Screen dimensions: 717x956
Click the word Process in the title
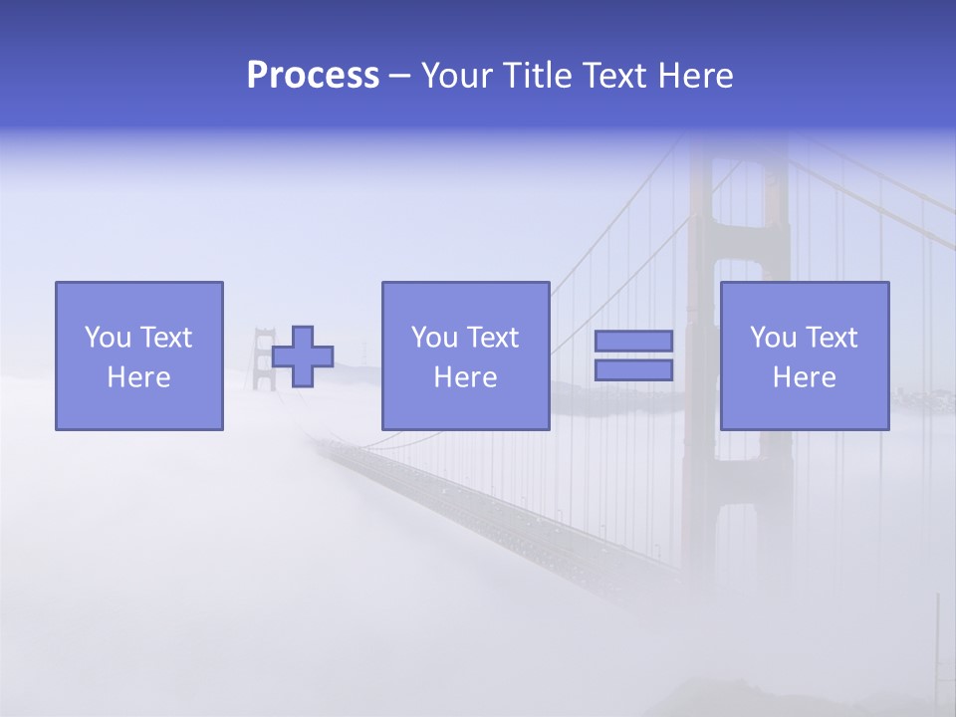pos(313,76)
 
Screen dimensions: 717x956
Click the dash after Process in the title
pos(399,78)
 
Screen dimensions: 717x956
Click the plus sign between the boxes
pos(303,357)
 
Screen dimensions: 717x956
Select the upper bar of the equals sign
pos(633,341)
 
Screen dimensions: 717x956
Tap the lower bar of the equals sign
pos(633,370)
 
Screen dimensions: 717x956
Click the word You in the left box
pos(107,338)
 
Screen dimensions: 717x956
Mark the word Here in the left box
pos(138,377)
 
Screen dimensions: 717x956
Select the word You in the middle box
pos(433,338)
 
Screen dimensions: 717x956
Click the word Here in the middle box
pos(465,377)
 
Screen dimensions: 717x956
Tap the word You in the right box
pos(772,338)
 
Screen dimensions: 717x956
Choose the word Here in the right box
pos(804,377)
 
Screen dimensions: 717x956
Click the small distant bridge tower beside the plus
pos(263,358)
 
